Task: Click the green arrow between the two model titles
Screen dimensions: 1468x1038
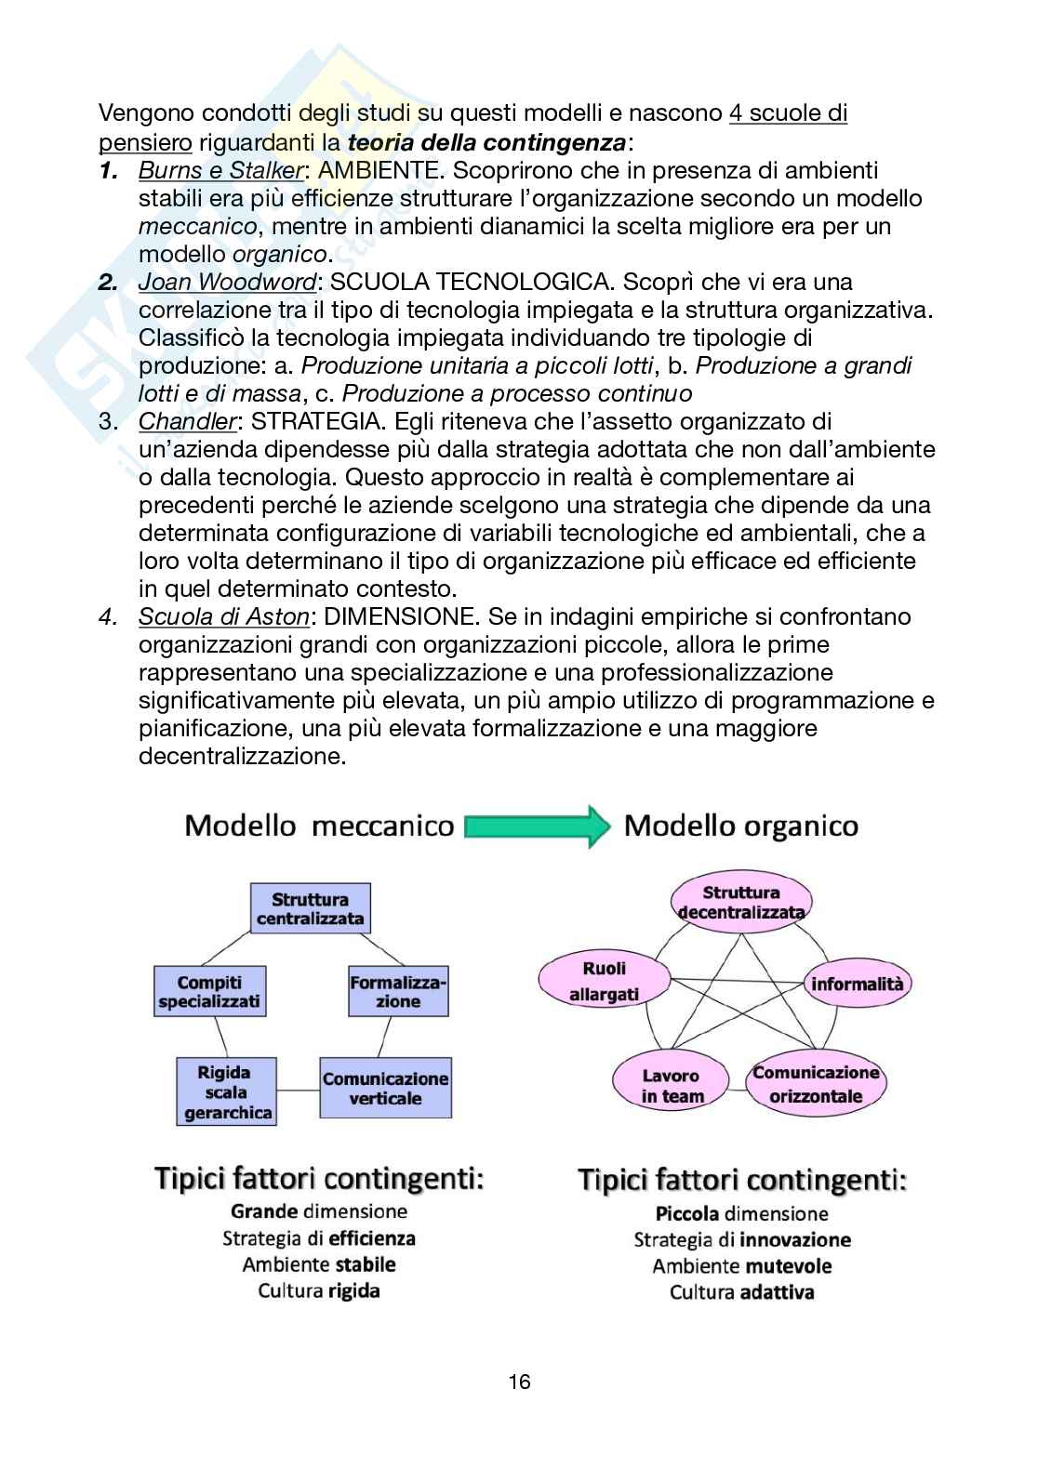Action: click(x=537, y=826)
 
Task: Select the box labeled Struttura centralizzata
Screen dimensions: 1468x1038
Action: click(x=311, y=909)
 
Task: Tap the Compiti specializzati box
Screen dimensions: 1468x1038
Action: click(x=209, y=992)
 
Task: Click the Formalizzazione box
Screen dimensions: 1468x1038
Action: click(x=398, y=992)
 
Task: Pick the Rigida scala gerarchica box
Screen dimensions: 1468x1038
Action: click(x=227, y=1092)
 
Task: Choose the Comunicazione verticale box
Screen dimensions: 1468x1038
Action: click(x=385, y=1088)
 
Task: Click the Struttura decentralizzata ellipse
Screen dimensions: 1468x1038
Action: click(x=741, y=902)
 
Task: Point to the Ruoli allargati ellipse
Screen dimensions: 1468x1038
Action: click(x=605, y=982)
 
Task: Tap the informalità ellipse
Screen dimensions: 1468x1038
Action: click(x=857, y=984)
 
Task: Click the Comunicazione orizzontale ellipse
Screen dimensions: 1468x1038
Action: click(x=816, y=1084)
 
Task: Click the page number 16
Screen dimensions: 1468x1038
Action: click(x=519, y=1382)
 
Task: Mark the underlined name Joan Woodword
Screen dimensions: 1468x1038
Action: click(x=228, y=282)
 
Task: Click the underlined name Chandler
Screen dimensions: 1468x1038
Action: click(x=188, y=421)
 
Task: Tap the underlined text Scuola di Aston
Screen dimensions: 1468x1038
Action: click(x=224, y=616)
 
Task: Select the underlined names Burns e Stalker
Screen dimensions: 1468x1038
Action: click(x=221, y=170)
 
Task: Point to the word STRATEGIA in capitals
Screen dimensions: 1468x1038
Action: click(x=316, y=421)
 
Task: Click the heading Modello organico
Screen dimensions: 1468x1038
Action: click(x=741, y=826)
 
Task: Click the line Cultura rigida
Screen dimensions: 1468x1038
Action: click(x=319, y=1290)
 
